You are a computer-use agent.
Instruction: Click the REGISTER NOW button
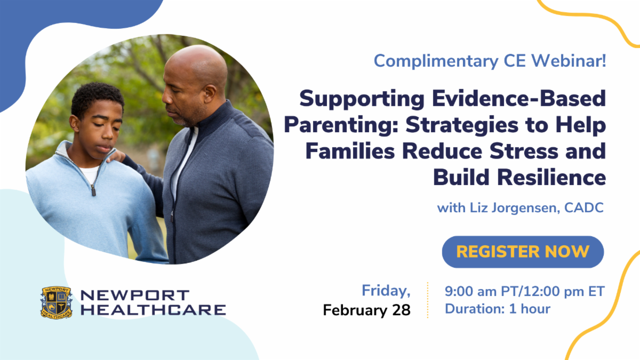(523, 252)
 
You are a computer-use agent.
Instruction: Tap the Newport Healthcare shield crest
(57, 302)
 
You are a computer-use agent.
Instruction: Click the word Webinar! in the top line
(569, 61)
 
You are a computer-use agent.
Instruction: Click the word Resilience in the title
(551, 178)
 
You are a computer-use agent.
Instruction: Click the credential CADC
(584, 207)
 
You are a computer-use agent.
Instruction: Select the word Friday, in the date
(386, 291)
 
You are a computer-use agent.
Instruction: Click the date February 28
(367, 310)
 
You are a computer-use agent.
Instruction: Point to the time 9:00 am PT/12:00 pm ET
(525, 291)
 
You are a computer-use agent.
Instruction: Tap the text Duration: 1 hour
(498, 309)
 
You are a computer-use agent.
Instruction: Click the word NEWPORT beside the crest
(135, 295)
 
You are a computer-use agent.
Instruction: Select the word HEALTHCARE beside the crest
(153, 310)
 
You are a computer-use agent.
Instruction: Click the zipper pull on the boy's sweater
(93, 190)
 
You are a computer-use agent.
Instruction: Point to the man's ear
(211, 95)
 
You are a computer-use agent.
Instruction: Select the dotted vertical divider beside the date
(428, 300)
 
